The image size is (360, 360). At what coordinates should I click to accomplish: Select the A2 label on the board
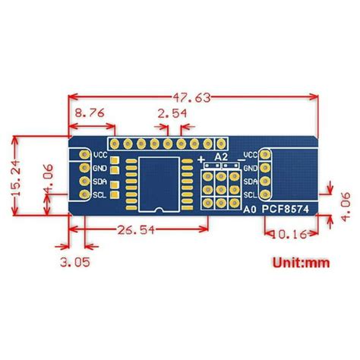(x=222, y=156)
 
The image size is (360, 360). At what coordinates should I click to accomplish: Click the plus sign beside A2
(x=201, y=159)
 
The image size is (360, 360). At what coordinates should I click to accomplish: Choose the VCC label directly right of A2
(x=251, y=156)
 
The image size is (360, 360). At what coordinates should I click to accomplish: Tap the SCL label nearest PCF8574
(x=251, y=195)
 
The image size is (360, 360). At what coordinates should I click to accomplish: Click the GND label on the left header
(x=100, y=168)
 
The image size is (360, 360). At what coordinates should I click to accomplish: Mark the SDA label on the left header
(x=100, y=182)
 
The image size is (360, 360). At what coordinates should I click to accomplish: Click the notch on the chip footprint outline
(x=158, y=208)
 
